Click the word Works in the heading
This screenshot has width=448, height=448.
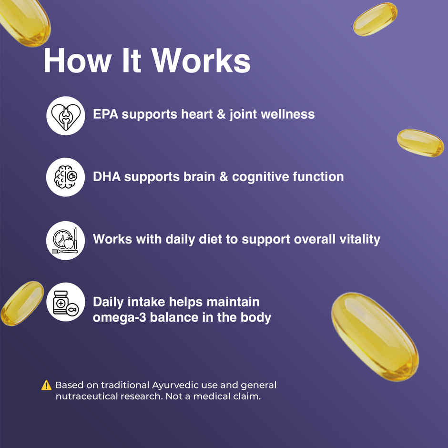(x=202, y=61)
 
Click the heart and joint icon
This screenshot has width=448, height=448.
(x=65, y=115)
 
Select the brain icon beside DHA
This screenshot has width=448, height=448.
(x=65, y=177)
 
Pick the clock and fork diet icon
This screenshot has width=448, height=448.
(x=65, y=240)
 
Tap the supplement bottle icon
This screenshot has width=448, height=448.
(x=65, y=302)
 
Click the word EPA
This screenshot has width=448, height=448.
(x=106, y=114)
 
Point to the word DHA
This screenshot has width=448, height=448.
(x=107, y=177)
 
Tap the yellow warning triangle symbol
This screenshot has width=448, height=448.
(x=46, y=385)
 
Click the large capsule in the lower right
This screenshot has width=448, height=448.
(x=375, y=336)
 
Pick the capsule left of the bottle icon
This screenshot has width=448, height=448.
(x=21, y=303)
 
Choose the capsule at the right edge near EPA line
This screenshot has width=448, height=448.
(x=420, y=143)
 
